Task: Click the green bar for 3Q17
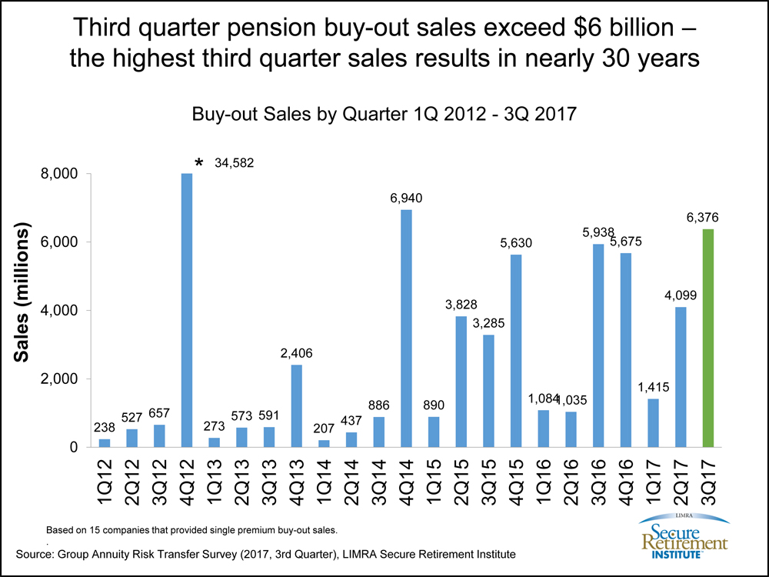(x=708, y=338)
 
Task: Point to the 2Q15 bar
(x=461, y=381)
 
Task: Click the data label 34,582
(x=232, y=163)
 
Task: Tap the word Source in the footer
(x=36, y=554)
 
